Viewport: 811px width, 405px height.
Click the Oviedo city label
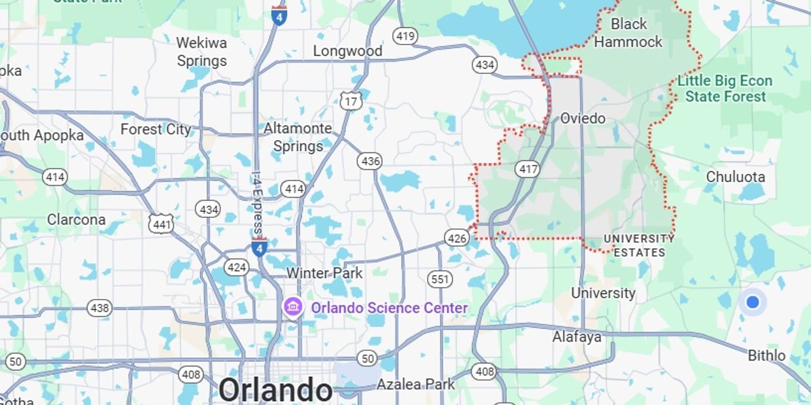[583, 118]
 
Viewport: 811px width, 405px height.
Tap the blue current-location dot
[752, 302]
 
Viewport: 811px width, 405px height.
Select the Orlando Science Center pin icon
[292, 306]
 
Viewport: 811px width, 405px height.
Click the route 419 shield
[405, 36]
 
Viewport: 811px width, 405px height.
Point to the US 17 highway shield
[351, 101]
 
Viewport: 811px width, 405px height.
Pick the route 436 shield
[370, 161]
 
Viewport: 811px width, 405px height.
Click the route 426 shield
[457, 238]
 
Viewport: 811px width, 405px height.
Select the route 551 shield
[440, 279]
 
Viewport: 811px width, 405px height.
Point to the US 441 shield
[161, 224]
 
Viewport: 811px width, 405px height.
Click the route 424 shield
[236, 267]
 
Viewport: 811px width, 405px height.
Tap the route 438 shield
[99, 308]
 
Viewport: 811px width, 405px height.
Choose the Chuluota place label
[735, 177]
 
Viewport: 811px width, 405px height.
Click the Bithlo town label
[767, 355]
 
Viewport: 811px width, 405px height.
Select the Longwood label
[347, 51]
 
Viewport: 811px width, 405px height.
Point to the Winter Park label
[324, 273]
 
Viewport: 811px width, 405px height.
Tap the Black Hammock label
[628, 33]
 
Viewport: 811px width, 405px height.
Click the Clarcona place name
[76, 219]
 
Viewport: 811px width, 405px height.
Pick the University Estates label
[639, 245]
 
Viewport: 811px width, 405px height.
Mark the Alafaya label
[576, 337]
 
